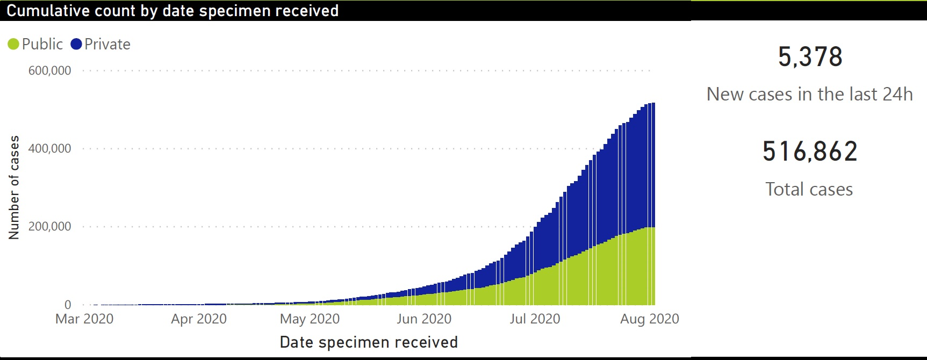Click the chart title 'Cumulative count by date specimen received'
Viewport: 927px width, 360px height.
coord(173,11)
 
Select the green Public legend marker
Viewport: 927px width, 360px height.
coord(13,44)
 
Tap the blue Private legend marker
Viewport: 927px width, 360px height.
coord(76,44)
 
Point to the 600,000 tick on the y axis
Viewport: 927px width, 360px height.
coord(49,71)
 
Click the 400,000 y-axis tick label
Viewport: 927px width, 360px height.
coord(49,149)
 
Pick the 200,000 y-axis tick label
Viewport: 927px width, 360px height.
coord(49,227)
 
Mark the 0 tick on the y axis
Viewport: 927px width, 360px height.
coord(68,305)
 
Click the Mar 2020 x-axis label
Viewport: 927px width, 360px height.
coord(84,319)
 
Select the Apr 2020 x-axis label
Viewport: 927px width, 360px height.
coord(199,319)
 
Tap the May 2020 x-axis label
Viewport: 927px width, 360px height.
coord(310,319)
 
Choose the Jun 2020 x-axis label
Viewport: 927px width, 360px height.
coord(424,319)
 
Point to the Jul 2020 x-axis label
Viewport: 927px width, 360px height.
coord(535,319)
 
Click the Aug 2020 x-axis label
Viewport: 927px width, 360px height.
coord(649,319)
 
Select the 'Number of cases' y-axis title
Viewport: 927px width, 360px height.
coord(15,187)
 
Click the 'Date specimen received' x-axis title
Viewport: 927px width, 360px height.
coord(369,342)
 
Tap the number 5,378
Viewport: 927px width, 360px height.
coord(810,57)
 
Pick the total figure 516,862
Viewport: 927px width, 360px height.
coord(810,152)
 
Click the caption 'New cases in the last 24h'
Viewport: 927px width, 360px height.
coord(809,95)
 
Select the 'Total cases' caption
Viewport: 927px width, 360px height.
coord(809,189)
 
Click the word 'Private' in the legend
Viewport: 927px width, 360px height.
coord(107,44)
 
